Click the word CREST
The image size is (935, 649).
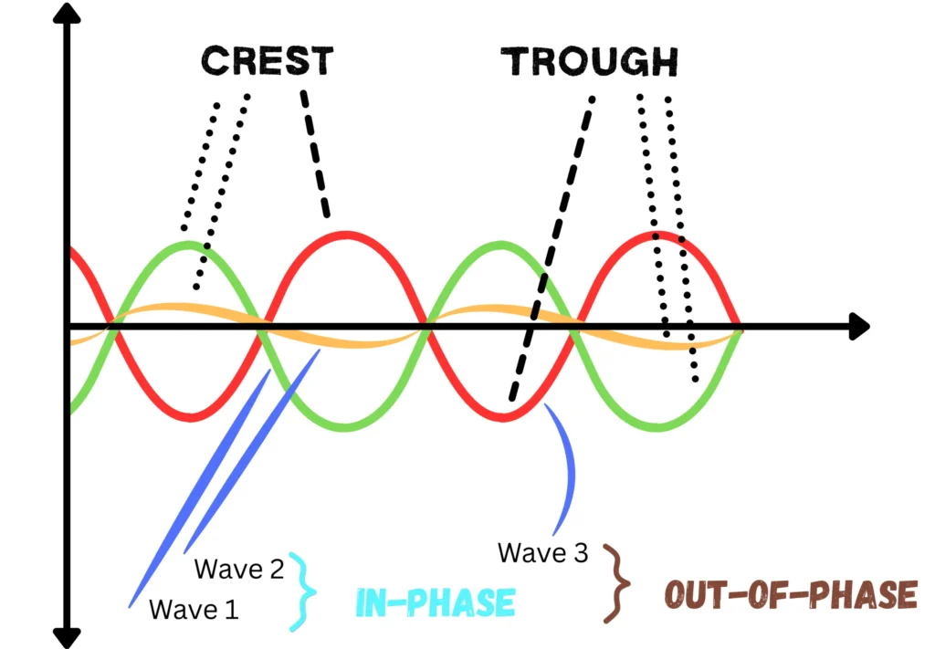[267, 61]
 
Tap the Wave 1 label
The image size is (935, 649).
[193, 608]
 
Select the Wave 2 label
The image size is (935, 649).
[240, 570]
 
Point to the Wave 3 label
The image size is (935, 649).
[543, 552]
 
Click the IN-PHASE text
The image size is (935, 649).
[435, 602]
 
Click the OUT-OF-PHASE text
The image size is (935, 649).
[789, 595]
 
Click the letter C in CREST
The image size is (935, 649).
[215, 61]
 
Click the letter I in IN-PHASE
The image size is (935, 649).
[361, 602]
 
